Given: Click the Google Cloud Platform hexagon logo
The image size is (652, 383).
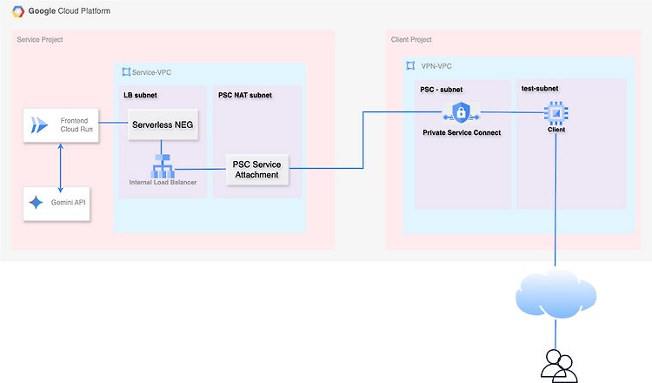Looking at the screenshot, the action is (18, 11).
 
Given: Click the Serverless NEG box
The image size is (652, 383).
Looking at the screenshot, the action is (163, 124).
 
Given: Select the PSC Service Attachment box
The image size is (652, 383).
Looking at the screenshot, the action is (257, 170).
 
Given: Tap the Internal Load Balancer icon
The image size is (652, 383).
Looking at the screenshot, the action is (163, 166).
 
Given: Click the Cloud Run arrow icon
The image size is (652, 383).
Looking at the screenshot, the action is (39, 124).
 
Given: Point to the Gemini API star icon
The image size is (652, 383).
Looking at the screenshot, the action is (36, 202).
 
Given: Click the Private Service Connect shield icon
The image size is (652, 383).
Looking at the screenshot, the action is (461, 112).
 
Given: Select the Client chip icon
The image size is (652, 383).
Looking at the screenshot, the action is (556, 113).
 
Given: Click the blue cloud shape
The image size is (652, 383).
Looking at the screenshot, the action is (556, 293).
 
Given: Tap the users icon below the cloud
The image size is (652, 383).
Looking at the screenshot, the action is (559, 366).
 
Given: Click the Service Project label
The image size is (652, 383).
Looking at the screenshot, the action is (40, 39).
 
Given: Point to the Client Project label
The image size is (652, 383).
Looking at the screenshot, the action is (411, 39).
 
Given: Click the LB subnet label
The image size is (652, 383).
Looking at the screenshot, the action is (140, 95).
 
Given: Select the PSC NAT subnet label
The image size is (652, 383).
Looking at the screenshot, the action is (245, 95).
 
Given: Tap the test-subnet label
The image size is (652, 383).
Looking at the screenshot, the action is (540, 88).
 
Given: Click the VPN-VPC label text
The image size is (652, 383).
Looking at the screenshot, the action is (436, 66).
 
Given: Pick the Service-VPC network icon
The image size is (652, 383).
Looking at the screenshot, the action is (126, 72).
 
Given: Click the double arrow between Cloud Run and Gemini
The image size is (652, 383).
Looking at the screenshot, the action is (60, 168).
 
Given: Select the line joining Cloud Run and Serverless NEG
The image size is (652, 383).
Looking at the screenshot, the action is (113, 123).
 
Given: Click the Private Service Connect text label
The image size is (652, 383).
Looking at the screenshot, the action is (462, 132).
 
